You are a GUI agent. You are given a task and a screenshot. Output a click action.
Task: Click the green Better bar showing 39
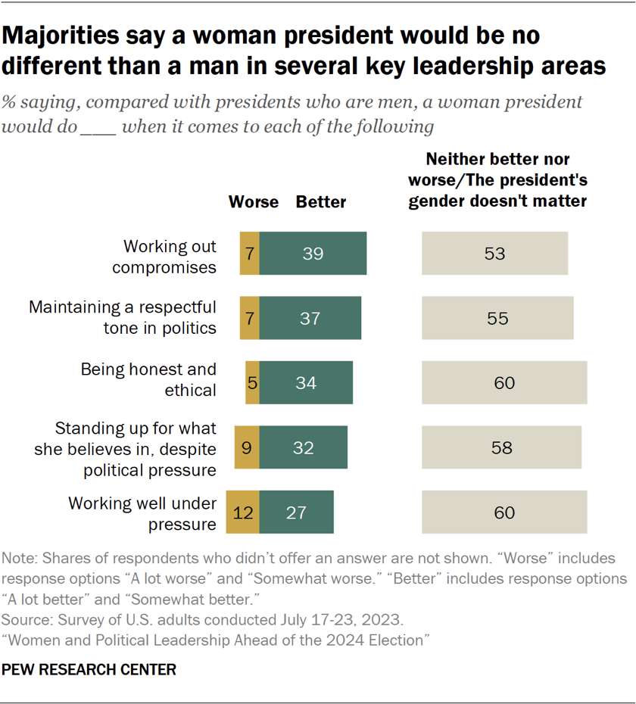click(313, 254)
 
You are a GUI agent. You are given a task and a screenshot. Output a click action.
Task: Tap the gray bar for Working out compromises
click(494, 254)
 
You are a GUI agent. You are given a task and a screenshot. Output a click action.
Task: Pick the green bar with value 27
click(296, 512)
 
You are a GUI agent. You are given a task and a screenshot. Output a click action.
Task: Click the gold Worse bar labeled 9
click(248, 447)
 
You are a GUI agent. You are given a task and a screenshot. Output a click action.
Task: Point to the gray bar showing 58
click(501, 447)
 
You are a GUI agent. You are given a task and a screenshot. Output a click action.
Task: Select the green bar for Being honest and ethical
click(306, 382)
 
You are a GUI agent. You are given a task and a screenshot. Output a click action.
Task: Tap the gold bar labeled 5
click(252, 382)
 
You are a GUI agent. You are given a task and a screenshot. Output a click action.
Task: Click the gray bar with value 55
click(497, 318)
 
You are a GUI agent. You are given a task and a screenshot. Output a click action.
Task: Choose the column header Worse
click(254, 202)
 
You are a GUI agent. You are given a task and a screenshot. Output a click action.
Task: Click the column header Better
click(320, 202)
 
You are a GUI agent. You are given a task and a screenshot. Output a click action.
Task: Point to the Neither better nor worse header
click(497, 180)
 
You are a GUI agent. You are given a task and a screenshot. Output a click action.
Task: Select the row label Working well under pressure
click(142, 512)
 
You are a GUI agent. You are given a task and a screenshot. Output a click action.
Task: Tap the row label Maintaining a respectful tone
click(122, 317)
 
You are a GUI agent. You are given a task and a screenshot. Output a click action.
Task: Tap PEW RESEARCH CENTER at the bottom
click(89, 670)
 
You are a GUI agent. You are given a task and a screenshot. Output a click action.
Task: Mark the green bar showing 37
click(310, 318)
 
